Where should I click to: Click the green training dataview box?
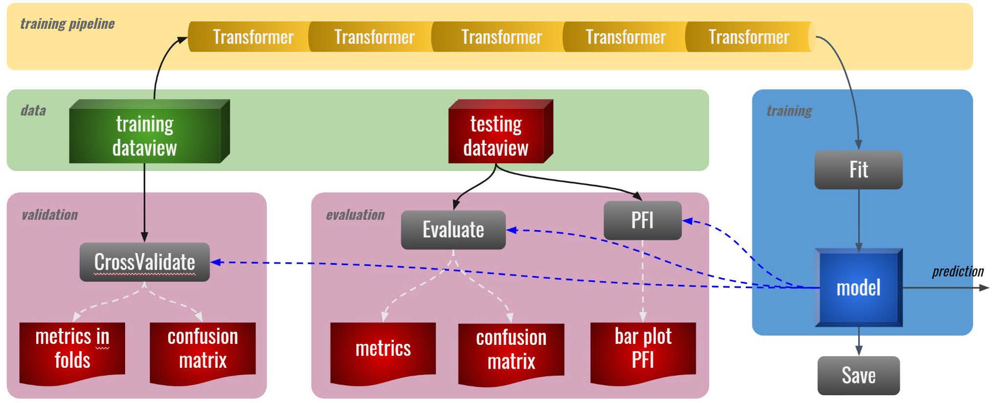145,135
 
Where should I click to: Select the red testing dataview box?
496,135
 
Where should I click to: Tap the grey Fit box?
858,170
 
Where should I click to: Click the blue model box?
858,287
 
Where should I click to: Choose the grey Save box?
858,375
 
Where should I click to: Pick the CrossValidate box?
145,262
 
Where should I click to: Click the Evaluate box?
453,230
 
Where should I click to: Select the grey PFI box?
642,220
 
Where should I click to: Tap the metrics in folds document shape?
72,349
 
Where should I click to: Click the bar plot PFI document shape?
643,349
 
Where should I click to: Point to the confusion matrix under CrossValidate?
202,349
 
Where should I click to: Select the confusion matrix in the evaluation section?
511,350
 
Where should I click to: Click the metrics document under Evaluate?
383,349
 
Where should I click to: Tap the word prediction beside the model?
957,272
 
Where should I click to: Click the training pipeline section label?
67,23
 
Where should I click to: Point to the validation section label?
49,214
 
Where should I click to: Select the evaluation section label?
355,214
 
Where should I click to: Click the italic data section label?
33,110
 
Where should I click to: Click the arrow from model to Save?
859,342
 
